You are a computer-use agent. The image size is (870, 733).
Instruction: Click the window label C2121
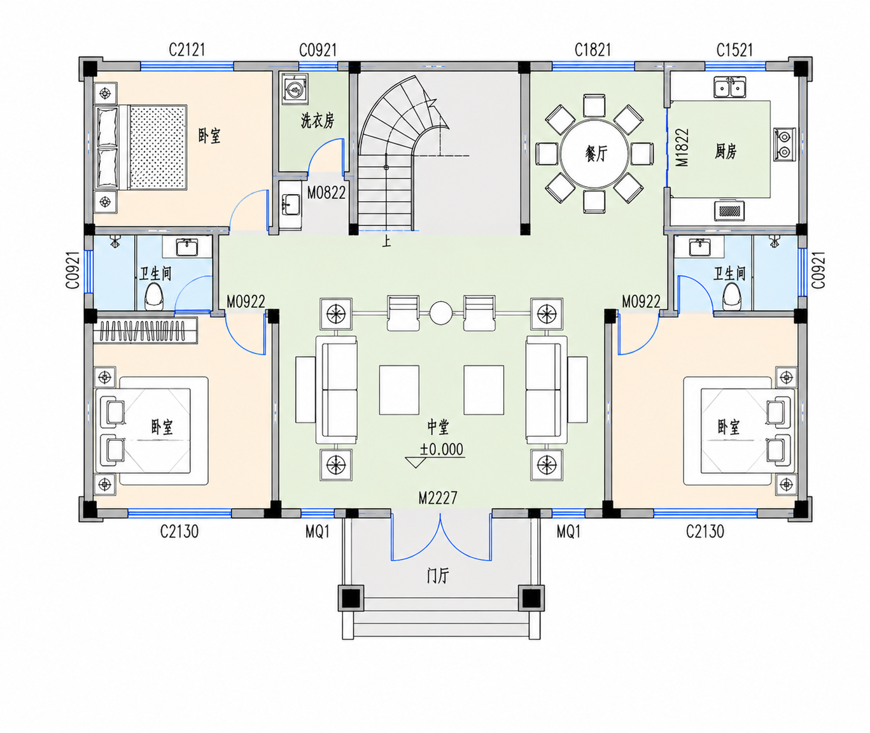(x=186, y=50)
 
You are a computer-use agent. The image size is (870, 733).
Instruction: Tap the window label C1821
(x=593, y=50)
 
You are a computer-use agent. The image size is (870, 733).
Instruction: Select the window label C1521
(x=734, y=50)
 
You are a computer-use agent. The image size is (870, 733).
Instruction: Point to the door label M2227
(x=438, y=497)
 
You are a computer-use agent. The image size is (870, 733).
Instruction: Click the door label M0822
(x=326, y=192)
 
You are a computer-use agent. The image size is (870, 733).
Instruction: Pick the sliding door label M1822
(x=682, y=147)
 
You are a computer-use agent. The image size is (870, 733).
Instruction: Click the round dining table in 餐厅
(x=594, y=154)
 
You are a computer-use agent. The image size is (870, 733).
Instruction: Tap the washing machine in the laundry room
(x=295, y=89)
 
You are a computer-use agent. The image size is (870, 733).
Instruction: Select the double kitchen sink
(x=729, y=87)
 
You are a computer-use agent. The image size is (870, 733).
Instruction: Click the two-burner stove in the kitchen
(x=785, y=145)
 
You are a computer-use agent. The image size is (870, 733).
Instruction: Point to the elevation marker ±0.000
(x=441, y=450)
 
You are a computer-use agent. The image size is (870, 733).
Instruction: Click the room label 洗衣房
(x=318, y=121)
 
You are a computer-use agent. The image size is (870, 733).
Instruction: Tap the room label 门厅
(x=438, y=576)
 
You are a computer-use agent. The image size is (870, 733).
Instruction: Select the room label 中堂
(x=438, y=427)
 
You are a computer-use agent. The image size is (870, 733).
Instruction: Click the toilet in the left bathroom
(x=154, y=297)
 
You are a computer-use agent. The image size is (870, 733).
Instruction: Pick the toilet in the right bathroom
(x=732, y=296)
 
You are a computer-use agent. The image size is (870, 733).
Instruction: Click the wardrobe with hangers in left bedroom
(x=145, y=331)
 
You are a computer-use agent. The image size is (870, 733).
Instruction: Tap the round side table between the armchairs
(x=441, y=313)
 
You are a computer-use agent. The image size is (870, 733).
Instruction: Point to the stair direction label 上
(x=387, y=241)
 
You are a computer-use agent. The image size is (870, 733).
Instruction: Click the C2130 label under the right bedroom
(x=705, y=532)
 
